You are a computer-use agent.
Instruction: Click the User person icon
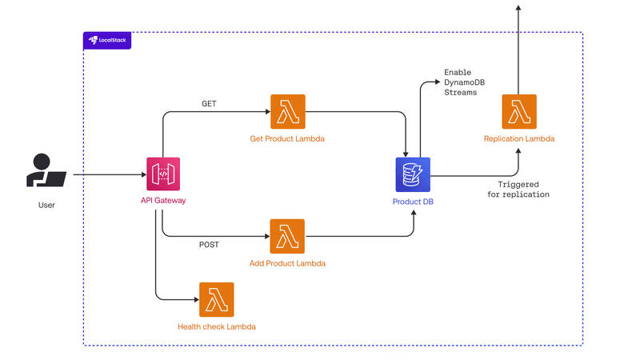[x=46, y=170]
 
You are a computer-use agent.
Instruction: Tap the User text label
[x=46, y=206]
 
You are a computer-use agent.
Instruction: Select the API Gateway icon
[x=162, y=174]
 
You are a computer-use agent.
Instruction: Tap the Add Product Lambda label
[x=287, y=263]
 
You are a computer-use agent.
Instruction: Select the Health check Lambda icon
[x=217, y=299]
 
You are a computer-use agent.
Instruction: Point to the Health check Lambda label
[x=217, y=326]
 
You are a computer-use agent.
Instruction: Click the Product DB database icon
[x=413, y=174]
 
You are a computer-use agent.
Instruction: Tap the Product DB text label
[x=413, y=201]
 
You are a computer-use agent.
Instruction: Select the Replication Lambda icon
[x=519, y=111]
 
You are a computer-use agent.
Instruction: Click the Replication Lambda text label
[x=519, y=139]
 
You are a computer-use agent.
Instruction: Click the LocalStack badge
[x=107, y=40]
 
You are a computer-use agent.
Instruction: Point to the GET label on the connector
[x=208, y=103]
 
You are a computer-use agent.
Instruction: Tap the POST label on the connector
[x=209, y=244]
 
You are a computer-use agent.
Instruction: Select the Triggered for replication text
[x=518, y=189]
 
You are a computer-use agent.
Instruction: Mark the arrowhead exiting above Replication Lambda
[x=518, y=7]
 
